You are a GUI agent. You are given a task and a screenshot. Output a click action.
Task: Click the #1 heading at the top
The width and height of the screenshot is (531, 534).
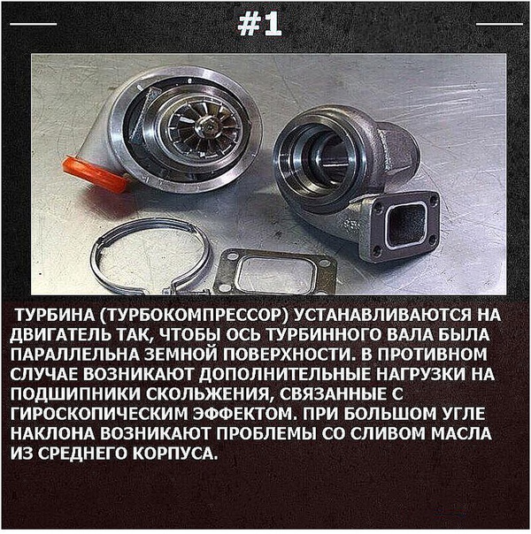[260, 26]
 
